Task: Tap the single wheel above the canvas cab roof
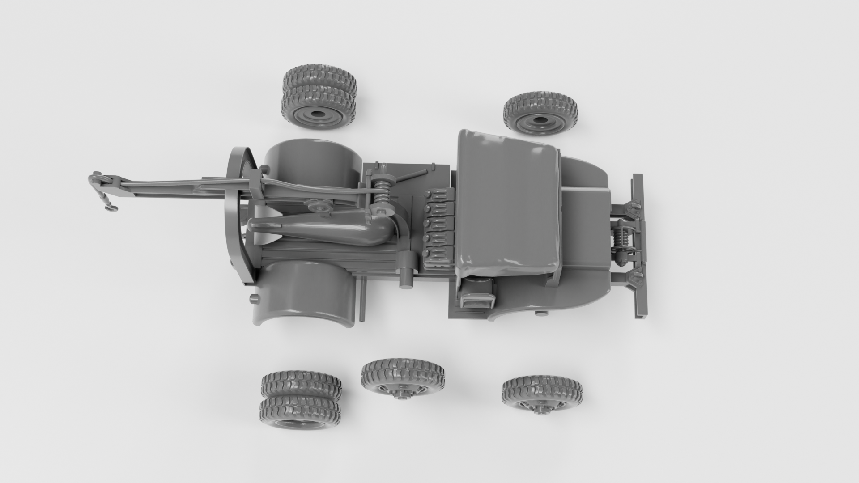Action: pyautogui.click(x=540, y=113)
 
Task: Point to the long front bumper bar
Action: pyautogui.click(x=639, y=246)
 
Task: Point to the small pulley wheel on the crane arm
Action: pyautogui.click(x=319, y=207)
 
